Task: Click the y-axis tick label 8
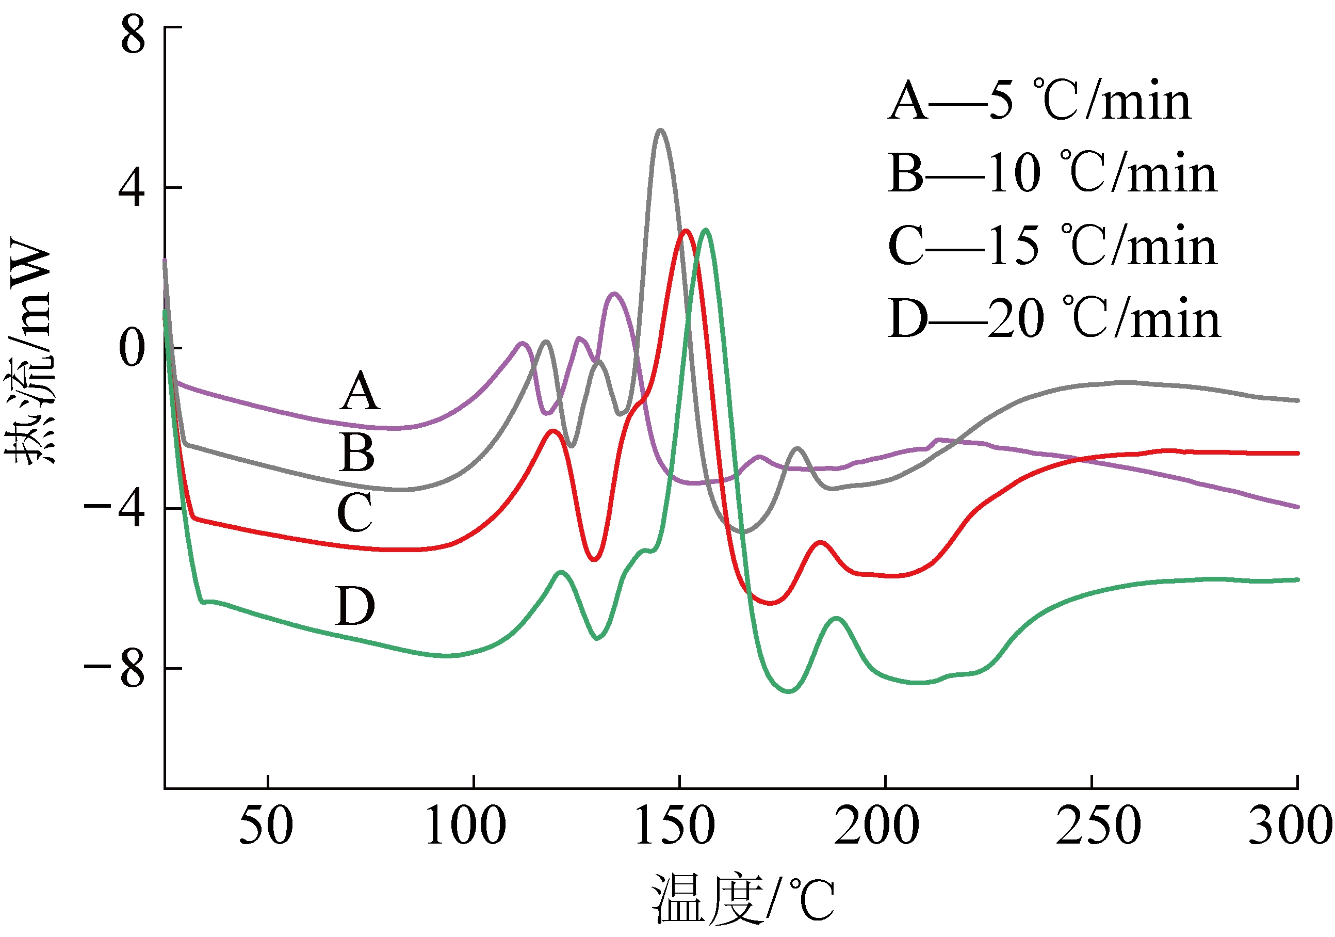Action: click(133, 35)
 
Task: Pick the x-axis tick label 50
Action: click(266, 826)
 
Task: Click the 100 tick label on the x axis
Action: click(466, 826)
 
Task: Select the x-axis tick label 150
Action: click(675, 826)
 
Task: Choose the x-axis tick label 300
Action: click(1290, 826)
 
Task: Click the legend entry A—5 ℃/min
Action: click(1039, 101)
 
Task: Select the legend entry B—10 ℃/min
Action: click(1052, 173)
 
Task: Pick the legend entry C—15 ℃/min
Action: click(1052, 246)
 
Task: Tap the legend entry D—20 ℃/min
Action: click(1053, 318)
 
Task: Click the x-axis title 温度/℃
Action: click(743, 899)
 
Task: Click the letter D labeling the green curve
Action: click(355, 606)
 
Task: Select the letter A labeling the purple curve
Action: click(361, 391)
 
